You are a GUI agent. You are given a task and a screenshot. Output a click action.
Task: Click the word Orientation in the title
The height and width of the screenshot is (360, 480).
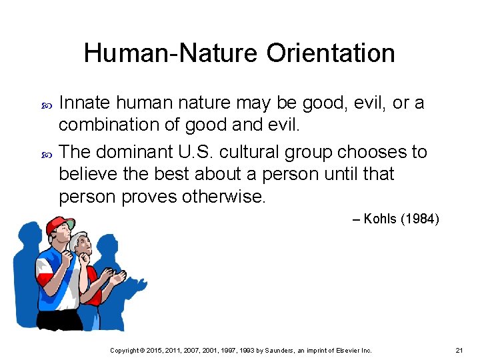pos(331,53)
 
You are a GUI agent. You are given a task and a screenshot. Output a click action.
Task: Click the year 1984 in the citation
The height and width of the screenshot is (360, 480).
pos(419,219)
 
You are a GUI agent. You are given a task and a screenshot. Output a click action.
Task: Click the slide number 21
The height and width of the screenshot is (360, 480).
pos(459,350)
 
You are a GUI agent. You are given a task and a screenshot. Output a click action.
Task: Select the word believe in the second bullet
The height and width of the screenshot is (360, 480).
pos(83,175)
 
